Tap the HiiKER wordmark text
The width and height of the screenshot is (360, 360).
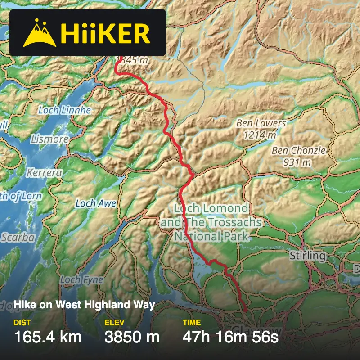pos(106,33)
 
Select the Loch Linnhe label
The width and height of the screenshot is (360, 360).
pos(64,110)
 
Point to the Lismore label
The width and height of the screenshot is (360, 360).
pos(49,139)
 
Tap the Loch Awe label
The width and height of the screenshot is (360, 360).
pos(96,203)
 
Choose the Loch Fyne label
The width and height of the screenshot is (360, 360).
pos(81,280)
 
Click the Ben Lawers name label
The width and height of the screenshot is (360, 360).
pos(261,123)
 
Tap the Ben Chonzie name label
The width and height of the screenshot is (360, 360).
pos(298,150)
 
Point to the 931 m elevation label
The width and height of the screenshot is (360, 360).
pos(297,162)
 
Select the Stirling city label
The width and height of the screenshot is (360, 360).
pos(307,256)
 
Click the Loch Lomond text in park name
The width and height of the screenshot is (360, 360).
pos(211,208)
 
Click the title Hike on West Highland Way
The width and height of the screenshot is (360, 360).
pos(84,305)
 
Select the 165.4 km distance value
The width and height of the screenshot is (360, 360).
pos(48,337)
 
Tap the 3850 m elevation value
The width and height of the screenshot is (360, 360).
pos(132,337)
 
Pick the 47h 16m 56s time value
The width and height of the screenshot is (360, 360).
pos(230,337)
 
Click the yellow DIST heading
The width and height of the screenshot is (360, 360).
pos(22,322)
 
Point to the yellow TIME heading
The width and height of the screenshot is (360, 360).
pos(191,322)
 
